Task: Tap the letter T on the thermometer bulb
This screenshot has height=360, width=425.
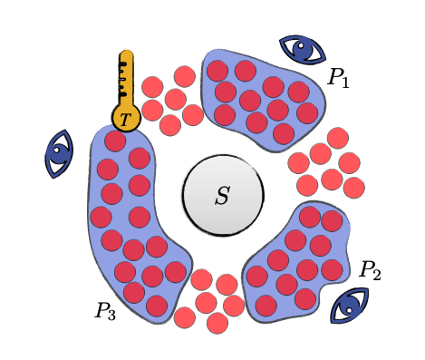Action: tap(125, 119)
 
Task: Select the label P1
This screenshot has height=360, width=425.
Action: tap(338, 78)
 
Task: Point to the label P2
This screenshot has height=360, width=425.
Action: tap(370, 269)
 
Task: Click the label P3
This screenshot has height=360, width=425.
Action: tap(105, 311)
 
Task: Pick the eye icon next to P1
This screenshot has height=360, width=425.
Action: tap(302, 49)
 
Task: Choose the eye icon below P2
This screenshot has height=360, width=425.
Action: tap(350, 306)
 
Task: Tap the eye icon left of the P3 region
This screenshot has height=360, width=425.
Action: tap(59, 151)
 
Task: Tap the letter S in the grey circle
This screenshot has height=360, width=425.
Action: tap(222, 196)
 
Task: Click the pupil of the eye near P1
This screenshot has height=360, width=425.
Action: tap(305, 51)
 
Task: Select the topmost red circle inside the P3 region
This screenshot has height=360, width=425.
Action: tap(115, 141)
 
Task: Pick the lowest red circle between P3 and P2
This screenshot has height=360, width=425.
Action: tap(217, 323)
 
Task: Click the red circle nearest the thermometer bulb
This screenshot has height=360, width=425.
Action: tap(152, 110)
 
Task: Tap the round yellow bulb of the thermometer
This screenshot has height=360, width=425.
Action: tap(126, 117)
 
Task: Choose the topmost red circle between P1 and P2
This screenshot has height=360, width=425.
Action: tap(338, 138)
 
